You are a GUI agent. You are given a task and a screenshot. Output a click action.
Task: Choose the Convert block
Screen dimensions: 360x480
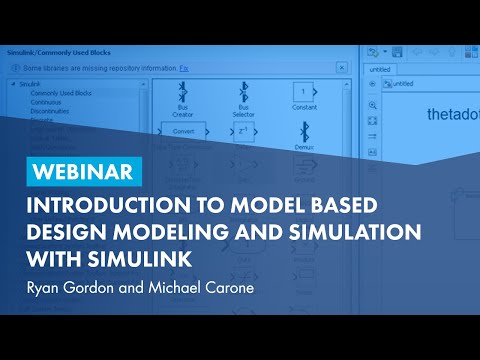pos(183,131)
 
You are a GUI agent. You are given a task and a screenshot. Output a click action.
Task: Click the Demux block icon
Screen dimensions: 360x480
pos(302,131)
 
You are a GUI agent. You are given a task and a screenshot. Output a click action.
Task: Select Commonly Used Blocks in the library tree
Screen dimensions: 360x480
pos(63,92)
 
